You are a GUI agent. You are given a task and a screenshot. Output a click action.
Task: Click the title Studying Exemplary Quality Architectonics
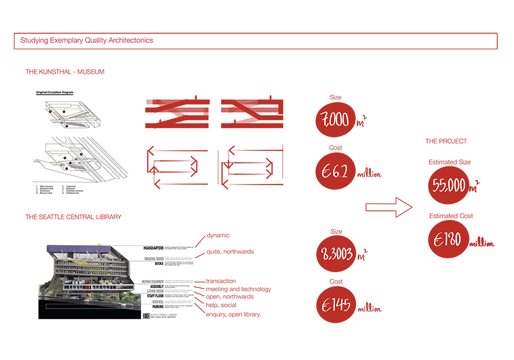(86, 41)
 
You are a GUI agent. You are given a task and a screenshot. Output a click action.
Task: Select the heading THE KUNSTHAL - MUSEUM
(65, 73)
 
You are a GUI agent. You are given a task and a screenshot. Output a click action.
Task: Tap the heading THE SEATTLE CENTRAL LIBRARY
(73, 217)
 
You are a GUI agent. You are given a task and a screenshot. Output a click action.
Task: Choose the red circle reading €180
(449, 239)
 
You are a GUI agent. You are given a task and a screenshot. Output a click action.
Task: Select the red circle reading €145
(335, 305)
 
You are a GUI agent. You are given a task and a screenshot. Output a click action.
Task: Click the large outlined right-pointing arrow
(388, 207)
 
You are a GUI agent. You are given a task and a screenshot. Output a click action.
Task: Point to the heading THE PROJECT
(445, 141)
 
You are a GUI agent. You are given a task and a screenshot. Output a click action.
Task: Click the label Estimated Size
(449, 162)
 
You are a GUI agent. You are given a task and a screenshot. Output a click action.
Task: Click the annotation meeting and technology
(238, 289)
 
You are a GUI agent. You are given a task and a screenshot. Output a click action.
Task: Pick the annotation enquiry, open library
(232, 314)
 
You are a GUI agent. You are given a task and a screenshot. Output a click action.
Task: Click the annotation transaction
(220, 281)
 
